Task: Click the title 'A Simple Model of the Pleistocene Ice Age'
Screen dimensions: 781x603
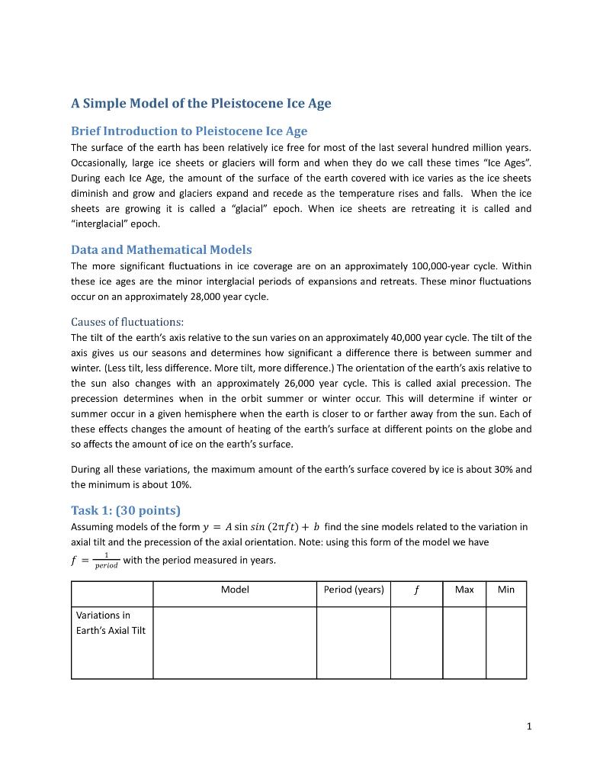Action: tap(200, 103)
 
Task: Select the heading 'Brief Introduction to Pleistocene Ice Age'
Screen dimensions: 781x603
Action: tap(189, 130)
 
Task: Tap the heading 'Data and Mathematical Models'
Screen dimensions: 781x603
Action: tap(161, 249)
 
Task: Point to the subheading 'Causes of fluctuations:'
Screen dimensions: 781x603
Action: tap(127, 321)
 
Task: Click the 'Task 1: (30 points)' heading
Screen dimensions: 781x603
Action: tap(125, 510)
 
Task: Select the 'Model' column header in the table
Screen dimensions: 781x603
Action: tap(235, 590)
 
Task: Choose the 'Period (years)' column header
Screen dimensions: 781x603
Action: tap(354, 590)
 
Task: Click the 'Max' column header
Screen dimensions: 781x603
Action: tap(463, 590)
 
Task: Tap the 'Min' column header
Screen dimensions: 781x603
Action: tap(505, 590)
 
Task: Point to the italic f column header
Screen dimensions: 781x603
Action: tap(416, 590)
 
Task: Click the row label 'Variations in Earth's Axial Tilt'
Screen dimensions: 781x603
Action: tap(111, 622)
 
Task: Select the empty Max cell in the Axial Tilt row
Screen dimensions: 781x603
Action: tap(463, 642)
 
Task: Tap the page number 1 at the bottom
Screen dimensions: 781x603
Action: tap(528, 726)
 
